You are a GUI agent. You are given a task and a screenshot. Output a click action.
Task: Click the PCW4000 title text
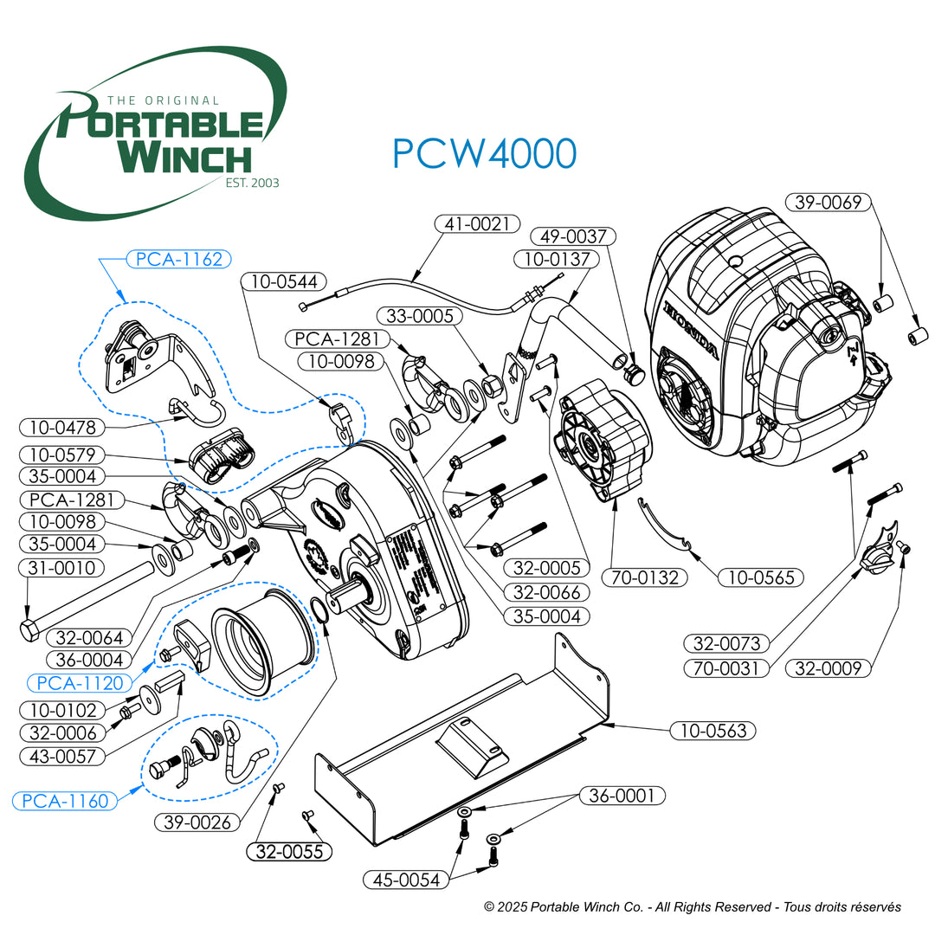(484, 153)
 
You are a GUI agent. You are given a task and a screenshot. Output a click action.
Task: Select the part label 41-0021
(477, 224)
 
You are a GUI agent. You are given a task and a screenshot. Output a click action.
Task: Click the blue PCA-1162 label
(179, 258)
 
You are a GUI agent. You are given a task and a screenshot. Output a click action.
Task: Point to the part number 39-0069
(829, 203)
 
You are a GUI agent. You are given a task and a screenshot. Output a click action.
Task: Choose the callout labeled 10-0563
(713, 731)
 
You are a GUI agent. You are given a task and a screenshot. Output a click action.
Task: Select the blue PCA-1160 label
(66, 800)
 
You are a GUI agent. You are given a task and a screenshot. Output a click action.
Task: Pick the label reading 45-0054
(406, 880)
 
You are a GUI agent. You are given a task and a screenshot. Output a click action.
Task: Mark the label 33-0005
(420, 317)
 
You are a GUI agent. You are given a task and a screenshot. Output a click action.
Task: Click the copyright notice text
(693, 906)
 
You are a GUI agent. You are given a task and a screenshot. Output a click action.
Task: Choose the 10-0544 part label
(283, 280)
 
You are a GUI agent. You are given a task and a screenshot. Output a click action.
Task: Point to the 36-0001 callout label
(623, 795)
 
